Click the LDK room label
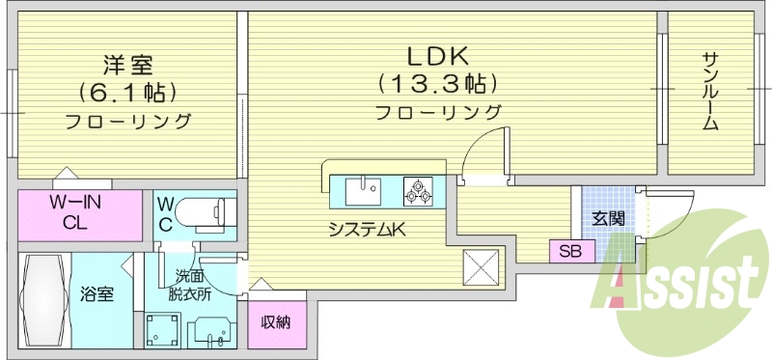tap(437, 53)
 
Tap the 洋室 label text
tap(128, 66)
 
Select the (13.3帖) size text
tap(437, 82)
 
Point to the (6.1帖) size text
tap(128, 94)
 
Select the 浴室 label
tap(97, 293)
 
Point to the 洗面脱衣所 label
tap(188, 287)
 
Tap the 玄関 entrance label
tap(608, 218)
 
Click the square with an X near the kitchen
tap(482, 265)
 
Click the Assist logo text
tap(681, 286)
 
